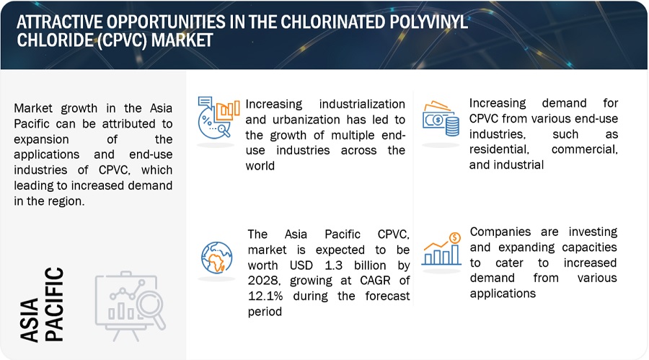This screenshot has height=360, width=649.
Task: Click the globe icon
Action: point(216,258)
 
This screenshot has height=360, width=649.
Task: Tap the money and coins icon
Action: point(441,118)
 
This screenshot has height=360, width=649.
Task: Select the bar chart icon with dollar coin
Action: point(441,249)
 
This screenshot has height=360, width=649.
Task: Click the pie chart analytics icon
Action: point(218,118)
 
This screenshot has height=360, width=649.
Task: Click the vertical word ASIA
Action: point(30,320)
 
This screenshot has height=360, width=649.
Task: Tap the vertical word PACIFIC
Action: point(54,304)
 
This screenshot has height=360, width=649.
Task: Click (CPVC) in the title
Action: point(122,40)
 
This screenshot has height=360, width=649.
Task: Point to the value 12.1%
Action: point(265,296)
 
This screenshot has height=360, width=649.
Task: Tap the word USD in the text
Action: point(301,265)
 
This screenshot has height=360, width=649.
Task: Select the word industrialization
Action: point(362,104)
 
